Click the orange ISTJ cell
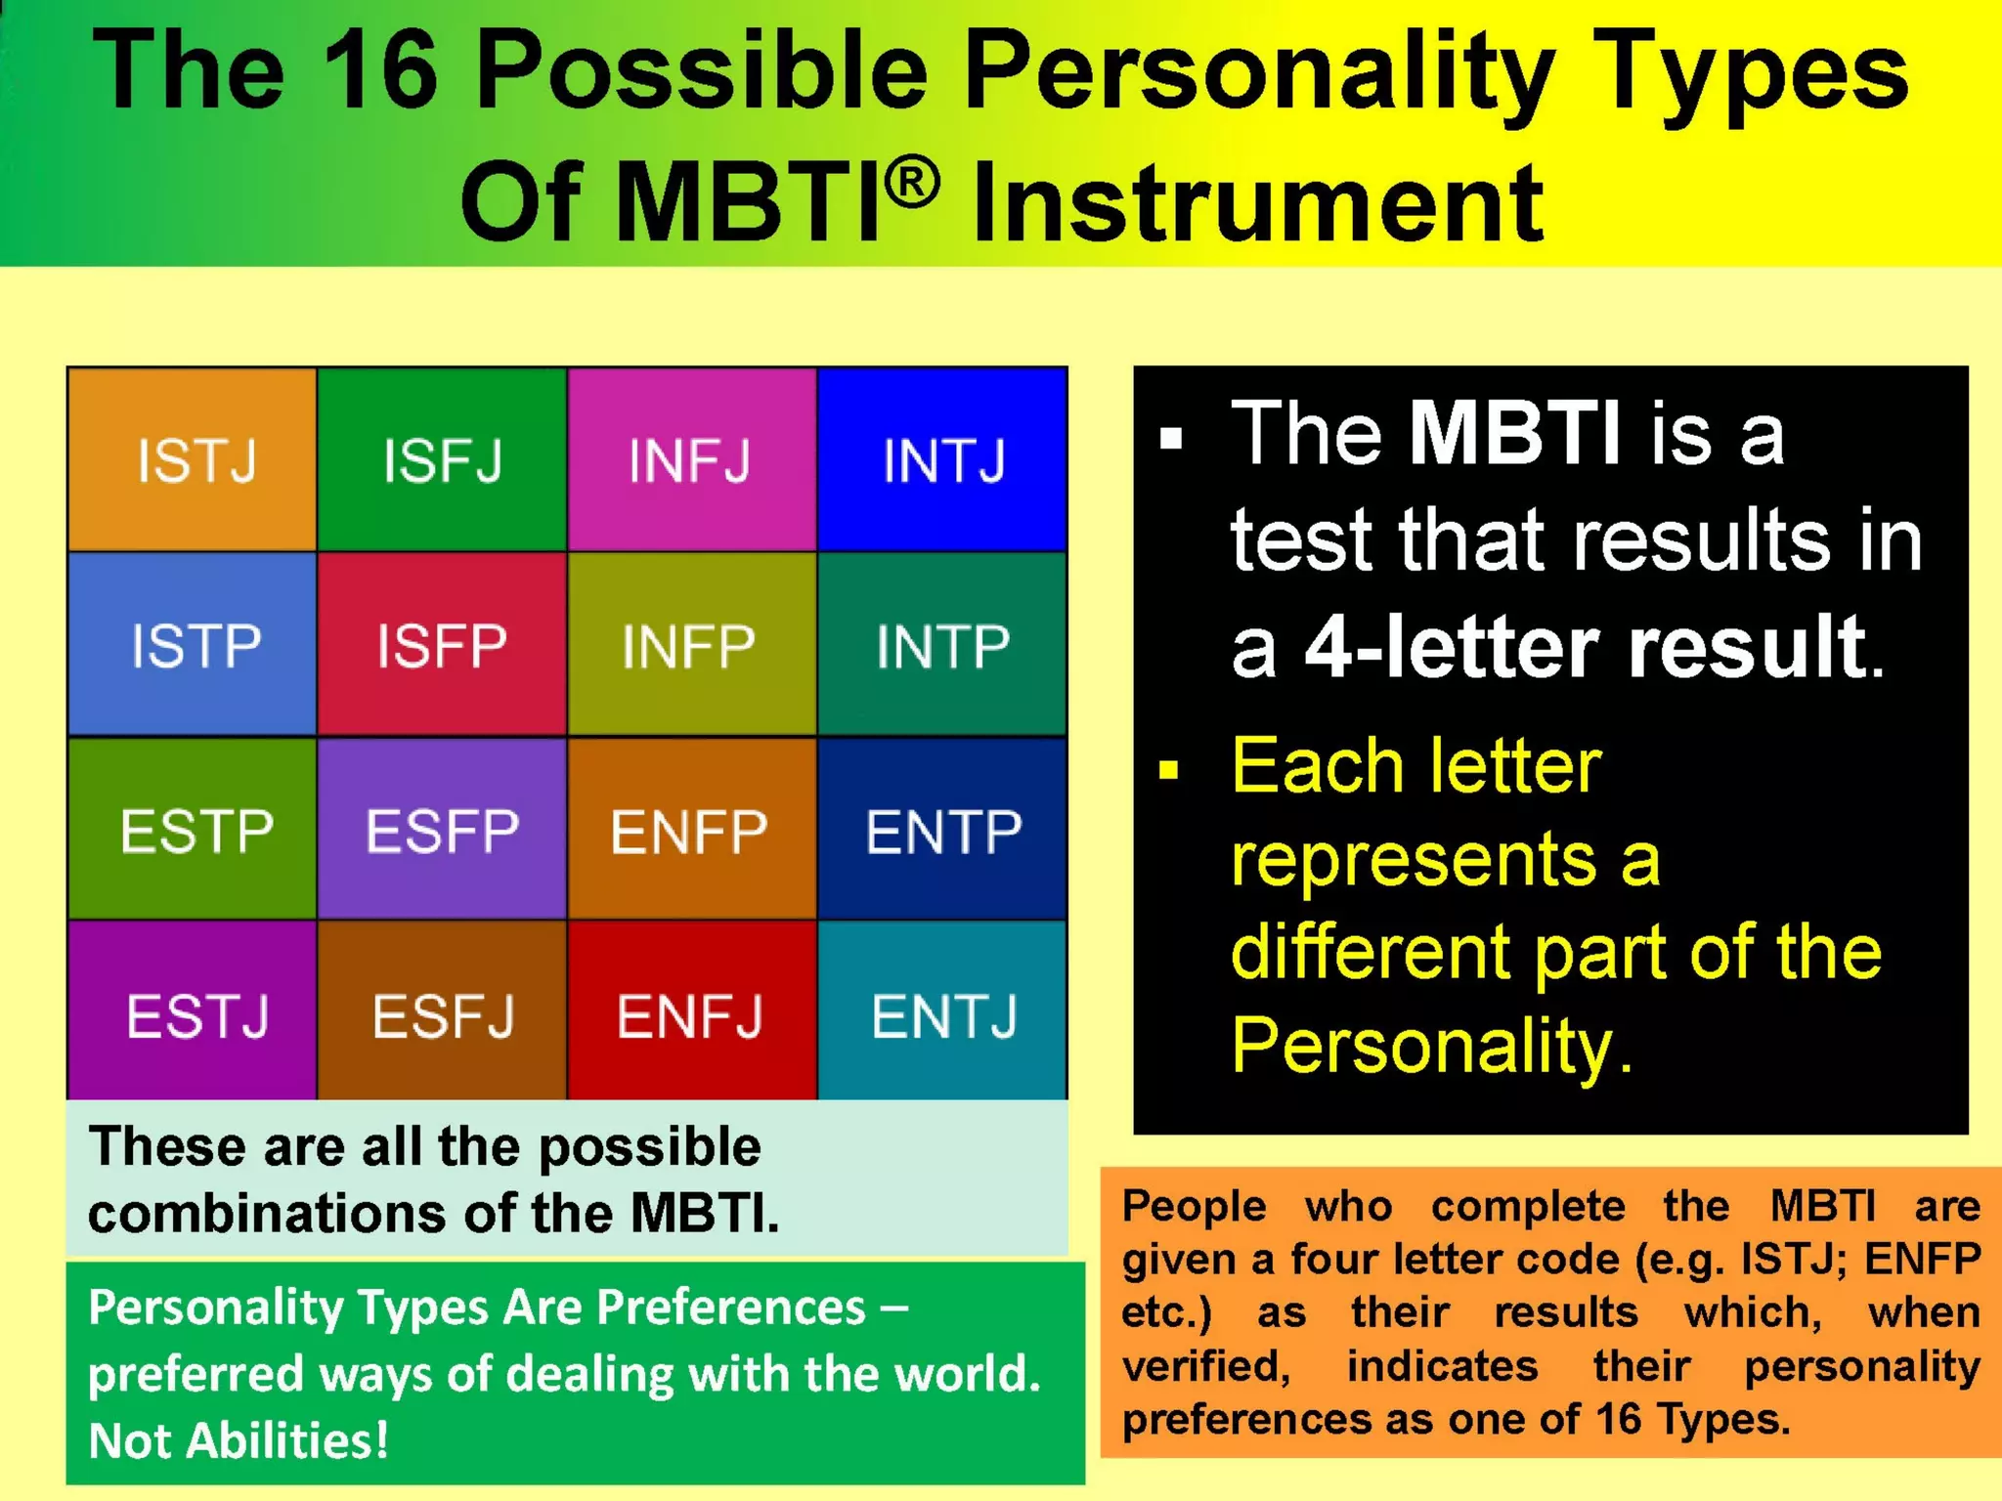click(193, 459)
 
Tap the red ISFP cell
click(442, 645)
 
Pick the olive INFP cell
click(690, 645)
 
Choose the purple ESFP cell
click(442, 830)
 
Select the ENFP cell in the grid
click(690, 830)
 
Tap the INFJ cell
click(690, 459)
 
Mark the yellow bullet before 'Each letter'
click(1169, 771)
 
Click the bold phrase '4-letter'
click(1457, 647)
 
